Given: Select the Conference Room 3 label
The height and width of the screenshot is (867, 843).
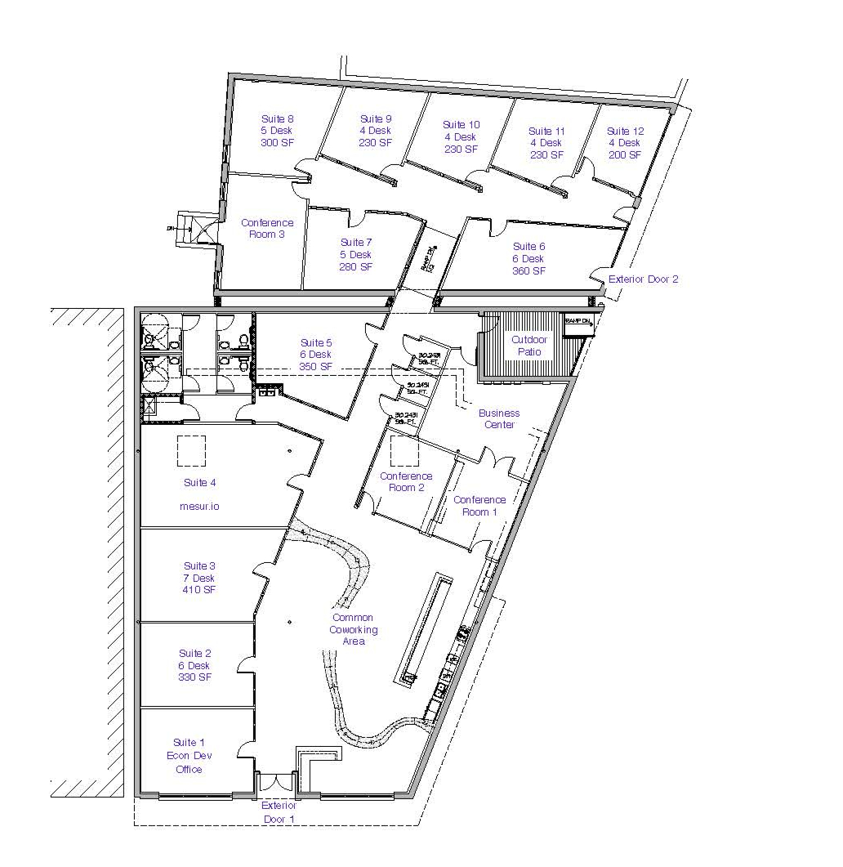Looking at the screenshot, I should click(267, 229).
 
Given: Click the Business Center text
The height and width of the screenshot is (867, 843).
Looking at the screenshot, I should click(498, 419).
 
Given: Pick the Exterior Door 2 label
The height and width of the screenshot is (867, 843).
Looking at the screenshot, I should click(643, 279).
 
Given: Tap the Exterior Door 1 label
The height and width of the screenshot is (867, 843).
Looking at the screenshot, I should click(279, 811).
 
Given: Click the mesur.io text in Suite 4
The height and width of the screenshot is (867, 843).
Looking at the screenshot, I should click(199, 507).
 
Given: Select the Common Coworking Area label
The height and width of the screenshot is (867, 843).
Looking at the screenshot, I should click(353, 629).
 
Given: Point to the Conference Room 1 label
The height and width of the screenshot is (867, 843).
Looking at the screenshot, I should click(479, 506).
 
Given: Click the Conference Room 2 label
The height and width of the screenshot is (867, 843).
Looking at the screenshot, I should click(406, 482).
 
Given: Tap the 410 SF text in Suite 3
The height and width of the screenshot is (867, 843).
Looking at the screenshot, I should click(199, 590).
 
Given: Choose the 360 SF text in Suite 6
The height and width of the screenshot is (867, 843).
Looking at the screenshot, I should click(529, 271).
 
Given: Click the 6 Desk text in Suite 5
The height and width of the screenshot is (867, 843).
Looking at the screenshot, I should click(316, 355).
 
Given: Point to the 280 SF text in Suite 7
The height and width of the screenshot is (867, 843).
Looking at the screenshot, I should click(356, 267).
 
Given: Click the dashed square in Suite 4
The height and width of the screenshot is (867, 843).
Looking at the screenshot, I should click(191, 450).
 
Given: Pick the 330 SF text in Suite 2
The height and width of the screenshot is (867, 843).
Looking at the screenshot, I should click(194, 677).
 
